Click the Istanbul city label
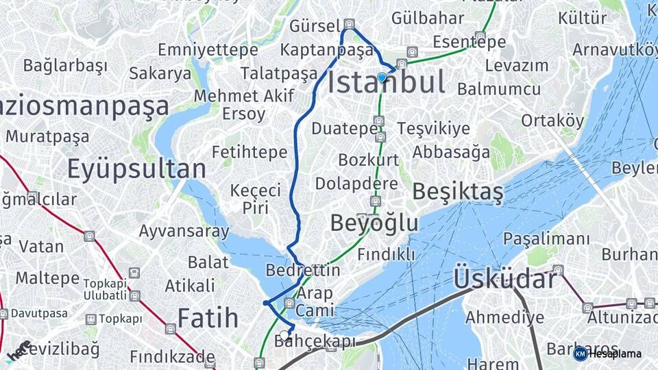coord(386,83)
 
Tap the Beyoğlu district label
coord(374,223)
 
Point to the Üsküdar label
coord(504,280)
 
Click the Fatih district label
coord(208,318)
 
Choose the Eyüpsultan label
coord(136,169)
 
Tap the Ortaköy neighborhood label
coord(552,121)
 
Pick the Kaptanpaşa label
coord(326,50)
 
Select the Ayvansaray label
coord(184,231)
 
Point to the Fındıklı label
coord(386,254)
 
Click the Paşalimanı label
coord(546,239)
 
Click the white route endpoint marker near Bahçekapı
coord(284,335)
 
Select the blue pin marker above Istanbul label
coord(382,77)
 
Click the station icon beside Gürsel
coord(350,24)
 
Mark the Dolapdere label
coord(356,184)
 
